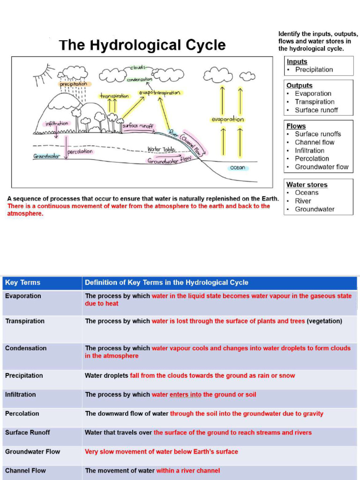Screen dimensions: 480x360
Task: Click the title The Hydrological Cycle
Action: [142, 45]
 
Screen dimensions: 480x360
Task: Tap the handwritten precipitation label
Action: [73, 84]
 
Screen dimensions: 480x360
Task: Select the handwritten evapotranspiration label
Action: [159, 93]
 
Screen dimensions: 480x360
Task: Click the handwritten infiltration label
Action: [56, 124]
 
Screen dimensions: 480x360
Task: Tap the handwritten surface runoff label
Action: [138, 126]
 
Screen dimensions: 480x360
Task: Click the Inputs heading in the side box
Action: [297, 61]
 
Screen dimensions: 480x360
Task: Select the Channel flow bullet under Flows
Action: [314, 142]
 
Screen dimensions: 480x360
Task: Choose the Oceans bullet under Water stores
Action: [306, 193]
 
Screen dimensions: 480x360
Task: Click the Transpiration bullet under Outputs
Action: [314, 102]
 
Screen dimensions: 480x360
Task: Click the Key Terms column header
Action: [22, 283]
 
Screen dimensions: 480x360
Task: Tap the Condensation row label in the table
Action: [26, 348]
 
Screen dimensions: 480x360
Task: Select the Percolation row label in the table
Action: [22, 413]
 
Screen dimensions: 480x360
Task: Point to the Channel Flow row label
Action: [25, 470]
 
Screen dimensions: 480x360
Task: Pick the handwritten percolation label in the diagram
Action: [80, 152]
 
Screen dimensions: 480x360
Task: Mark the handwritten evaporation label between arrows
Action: [228, 120]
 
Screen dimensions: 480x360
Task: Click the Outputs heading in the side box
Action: [299, 85]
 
